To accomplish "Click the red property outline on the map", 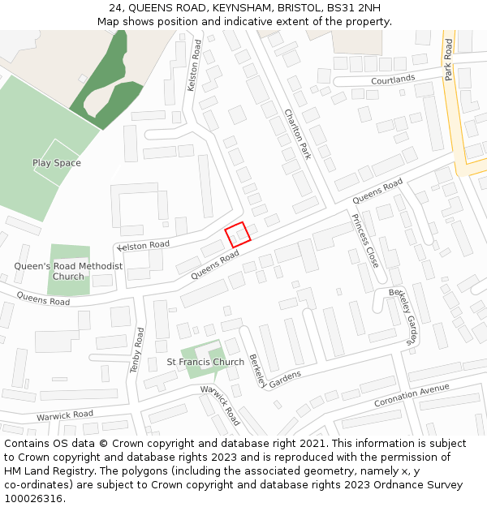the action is pos(236,234).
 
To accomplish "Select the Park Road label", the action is pos(448,59).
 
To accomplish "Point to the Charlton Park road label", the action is pos(298,134).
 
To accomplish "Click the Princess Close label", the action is pos(364,240).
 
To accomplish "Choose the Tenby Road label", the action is pos(137,350).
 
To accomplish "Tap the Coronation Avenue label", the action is pos(412,396).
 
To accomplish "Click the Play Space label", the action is pos(57,163).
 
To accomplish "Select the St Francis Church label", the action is pos(205,362).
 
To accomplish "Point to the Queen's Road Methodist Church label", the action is pos(68,271).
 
